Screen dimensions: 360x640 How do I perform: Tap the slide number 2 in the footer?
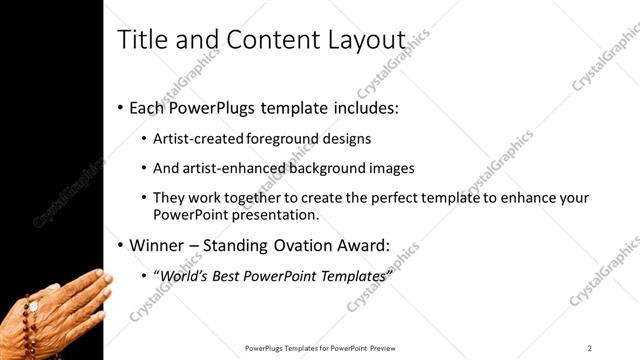point(590,348)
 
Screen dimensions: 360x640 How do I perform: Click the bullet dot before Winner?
point(120,245)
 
